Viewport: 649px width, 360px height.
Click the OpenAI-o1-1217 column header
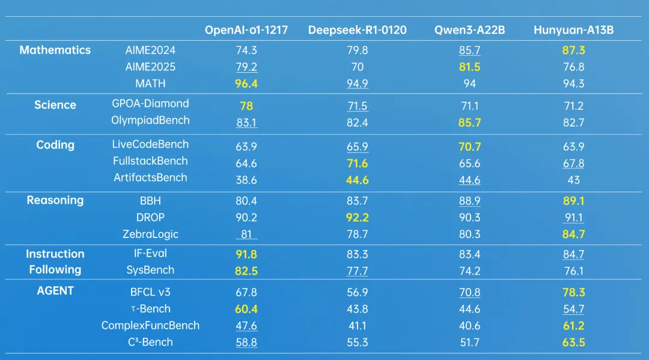[246, 30]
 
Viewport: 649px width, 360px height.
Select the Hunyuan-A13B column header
[574, 30]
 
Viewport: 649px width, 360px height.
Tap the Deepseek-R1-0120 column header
[357, 30]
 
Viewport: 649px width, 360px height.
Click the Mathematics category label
[55, 50]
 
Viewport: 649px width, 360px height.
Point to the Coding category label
[55, 145]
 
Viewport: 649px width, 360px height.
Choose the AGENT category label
[55, 291]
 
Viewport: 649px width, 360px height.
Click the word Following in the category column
[55, 270]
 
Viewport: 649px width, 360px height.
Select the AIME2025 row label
[150, 67]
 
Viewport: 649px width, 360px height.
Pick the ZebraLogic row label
[150, 234]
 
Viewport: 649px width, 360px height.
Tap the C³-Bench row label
[150, 342]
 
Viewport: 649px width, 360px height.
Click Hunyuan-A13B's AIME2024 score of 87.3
[574, 50]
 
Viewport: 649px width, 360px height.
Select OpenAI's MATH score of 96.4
[246, 84]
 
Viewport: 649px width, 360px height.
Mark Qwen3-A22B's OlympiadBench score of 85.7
[469, 123]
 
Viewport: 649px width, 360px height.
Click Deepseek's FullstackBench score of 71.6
[357, 163]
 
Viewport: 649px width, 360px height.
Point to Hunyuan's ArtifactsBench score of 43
[574, 180]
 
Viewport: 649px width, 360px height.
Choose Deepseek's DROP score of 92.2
[357, 218]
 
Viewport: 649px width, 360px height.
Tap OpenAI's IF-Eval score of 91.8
[246, 254]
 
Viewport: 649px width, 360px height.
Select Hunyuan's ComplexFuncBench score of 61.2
[574, 326]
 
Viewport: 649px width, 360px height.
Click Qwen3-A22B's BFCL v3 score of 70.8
[469, 293]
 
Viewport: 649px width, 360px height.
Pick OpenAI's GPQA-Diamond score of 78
[246, 106]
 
